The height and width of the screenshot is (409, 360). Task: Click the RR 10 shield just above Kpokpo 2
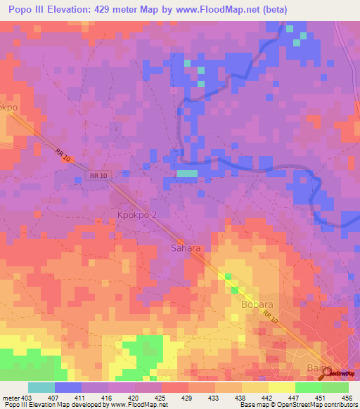(98, 176)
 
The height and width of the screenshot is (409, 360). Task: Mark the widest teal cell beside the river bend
(187, 173)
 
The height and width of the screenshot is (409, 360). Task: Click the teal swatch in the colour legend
(41, 387)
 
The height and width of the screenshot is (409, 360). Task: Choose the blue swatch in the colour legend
(68, 387)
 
